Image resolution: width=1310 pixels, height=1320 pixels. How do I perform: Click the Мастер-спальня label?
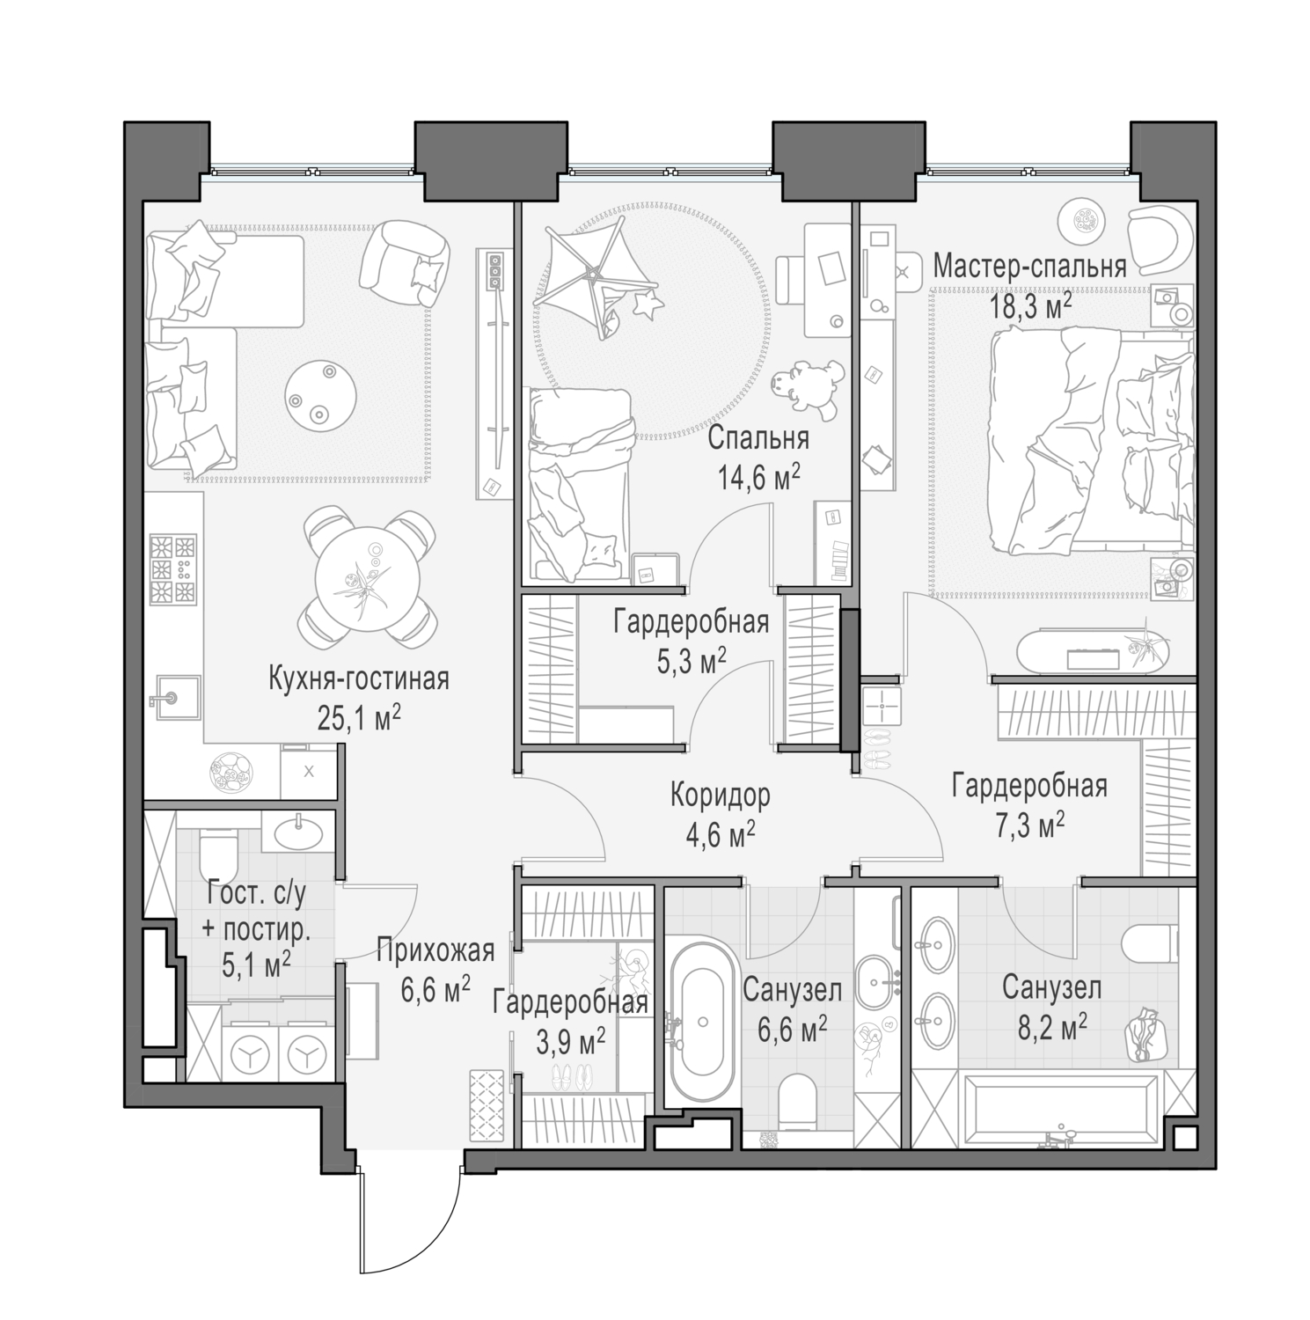pyautogui.click(x=1029, y=267)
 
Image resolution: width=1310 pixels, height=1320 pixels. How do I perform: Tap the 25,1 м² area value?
pyautogui.click(x=359, y=718)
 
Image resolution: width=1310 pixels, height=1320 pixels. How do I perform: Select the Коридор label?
pyautogui.click(x=720, y=796)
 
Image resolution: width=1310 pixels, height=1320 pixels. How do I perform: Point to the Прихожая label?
pyautogui.click(x=435, y=951)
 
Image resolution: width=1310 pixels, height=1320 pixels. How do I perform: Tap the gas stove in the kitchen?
pyautogui.click(x=172, y=568)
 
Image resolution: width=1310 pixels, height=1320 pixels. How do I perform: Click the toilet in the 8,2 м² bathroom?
pyautogui.click(x=1151, y=946)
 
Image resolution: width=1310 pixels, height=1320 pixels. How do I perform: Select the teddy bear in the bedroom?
pyautogui.click(x=805, y=387)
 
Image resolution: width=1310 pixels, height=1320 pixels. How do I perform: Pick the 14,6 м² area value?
pyautogui.click(x=757, y=480)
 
